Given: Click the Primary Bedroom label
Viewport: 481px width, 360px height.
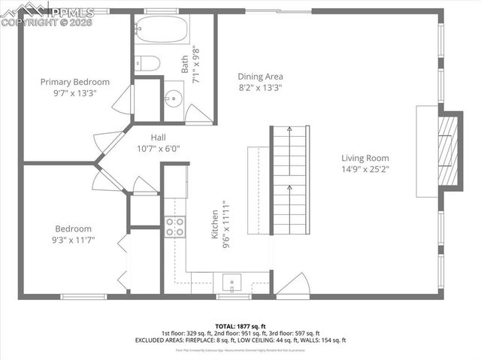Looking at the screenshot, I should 75,82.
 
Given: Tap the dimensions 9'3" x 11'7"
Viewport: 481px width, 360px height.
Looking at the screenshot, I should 74,241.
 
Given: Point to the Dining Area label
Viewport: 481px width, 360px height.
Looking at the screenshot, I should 260,77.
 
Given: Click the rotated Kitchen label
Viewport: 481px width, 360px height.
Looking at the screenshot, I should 214,225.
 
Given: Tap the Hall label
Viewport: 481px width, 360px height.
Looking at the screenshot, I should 158,138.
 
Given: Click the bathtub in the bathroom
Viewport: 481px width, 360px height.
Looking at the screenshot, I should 161,33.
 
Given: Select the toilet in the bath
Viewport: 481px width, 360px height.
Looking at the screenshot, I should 147,63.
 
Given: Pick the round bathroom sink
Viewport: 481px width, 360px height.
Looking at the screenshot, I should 174,98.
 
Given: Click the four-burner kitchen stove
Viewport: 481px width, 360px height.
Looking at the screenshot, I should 174,227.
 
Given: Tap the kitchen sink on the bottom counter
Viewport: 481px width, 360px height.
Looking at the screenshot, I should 231,283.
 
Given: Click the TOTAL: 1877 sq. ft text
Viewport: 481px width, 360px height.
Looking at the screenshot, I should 240,326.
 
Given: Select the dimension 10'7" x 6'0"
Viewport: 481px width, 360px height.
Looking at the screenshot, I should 158,149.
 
